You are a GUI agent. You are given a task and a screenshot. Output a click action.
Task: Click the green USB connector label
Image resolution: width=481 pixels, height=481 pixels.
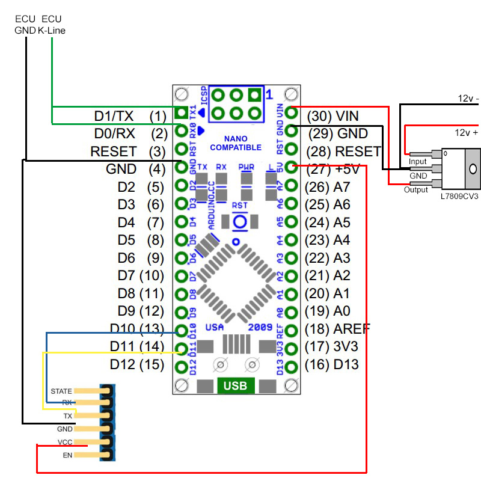click(234, 385)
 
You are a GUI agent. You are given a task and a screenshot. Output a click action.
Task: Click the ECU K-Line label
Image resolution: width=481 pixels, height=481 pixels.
click(52, 25)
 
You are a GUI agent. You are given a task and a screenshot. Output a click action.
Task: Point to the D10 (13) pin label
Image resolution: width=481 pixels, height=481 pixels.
click(137, 329)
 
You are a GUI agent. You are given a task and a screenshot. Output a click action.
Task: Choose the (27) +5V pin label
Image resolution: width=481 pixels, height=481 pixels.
click(332, 170)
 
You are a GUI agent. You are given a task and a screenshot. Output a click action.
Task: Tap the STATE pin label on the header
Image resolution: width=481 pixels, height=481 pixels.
click(62, 391)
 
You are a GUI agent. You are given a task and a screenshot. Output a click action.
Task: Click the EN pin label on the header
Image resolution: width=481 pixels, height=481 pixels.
click(67, 456)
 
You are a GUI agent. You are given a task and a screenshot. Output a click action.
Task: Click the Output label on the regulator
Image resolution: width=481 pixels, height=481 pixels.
click(415, 189)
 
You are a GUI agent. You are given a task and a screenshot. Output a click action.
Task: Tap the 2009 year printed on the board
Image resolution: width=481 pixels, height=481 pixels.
click(260, 326)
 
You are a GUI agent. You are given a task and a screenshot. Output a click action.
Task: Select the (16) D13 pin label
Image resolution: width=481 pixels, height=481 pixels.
click(332, 364)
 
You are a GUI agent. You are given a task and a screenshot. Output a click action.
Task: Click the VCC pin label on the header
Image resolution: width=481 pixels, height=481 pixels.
click(65, 443)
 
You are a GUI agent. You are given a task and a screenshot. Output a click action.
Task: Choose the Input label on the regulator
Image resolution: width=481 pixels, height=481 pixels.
click(417, 162)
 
